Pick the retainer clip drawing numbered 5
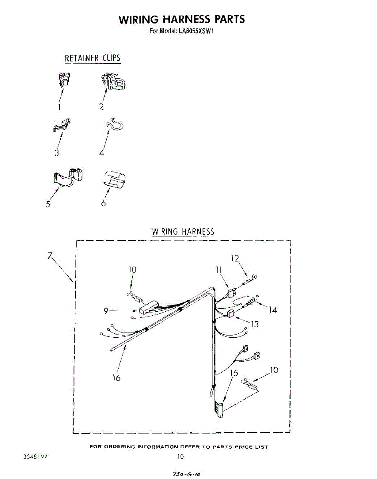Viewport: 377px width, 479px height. pyautogui.click(x=69, y=176)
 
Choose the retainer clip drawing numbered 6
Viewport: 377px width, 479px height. pyautogui.click(x=113, y=178)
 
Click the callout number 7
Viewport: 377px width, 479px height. pyautogui.click(x=50, y=256)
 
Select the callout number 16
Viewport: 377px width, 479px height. pyautogui.click(x=116, y=377)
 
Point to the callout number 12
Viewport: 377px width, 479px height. pyautogui.click(x=234, y=258)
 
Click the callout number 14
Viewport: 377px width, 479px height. pyautogui.click(x=273, y=309)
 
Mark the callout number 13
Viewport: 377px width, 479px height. pyautogui.click(x=254, y=324)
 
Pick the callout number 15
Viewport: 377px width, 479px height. pyautogui.click(x=234, y=373)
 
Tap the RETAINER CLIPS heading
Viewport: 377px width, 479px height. pyautogui.click(x=93, y=58)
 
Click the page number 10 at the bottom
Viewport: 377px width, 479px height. pyautogui.click(x=181, y=457)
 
